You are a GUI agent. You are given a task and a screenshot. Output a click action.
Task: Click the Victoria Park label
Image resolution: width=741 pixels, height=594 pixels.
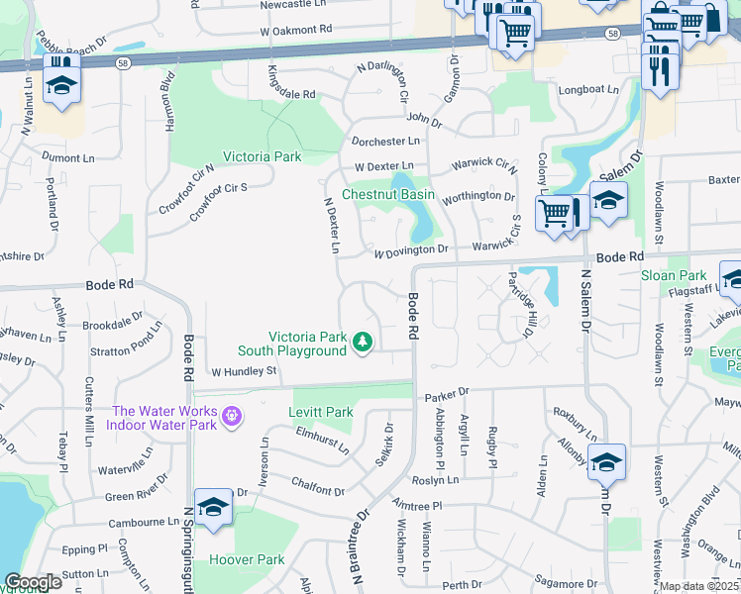(262, 156)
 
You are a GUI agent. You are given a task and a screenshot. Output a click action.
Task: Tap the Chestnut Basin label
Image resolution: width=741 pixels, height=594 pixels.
(388, 194)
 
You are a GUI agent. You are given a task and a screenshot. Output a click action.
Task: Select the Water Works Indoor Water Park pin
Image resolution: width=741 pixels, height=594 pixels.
(231, 417)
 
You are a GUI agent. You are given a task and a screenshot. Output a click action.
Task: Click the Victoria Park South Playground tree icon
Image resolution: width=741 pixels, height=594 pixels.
(363, 343)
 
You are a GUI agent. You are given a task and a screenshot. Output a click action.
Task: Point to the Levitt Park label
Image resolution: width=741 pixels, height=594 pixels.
(320, 412)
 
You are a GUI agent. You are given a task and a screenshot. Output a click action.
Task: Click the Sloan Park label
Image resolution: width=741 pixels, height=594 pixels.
(673, 275)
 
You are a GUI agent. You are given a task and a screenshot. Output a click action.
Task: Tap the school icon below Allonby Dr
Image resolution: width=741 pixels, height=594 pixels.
(606, 461)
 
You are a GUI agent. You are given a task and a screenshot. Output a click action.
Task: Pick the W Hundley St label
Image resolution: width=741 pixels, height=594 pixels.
(243, 372)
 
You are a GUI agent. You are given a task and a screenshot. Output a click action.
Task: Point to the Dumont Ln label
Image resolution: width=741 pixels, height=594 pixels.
(67, 157)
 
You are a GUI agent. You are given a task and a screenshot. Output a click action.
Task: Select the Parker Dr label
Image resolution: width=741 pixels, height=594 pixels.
(445, 397)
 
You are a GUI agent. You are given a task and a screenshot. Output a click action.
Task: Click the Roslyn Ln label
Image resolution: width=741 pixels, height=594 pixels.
(437, 480)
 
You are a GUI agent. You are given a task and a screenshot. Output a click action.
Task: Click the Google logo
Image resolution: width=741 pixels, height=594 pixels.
(33, 582)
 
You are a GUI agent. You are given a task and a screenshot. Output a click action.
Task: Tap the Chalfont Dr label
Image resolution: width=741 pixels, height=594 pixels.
(317, 491)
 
